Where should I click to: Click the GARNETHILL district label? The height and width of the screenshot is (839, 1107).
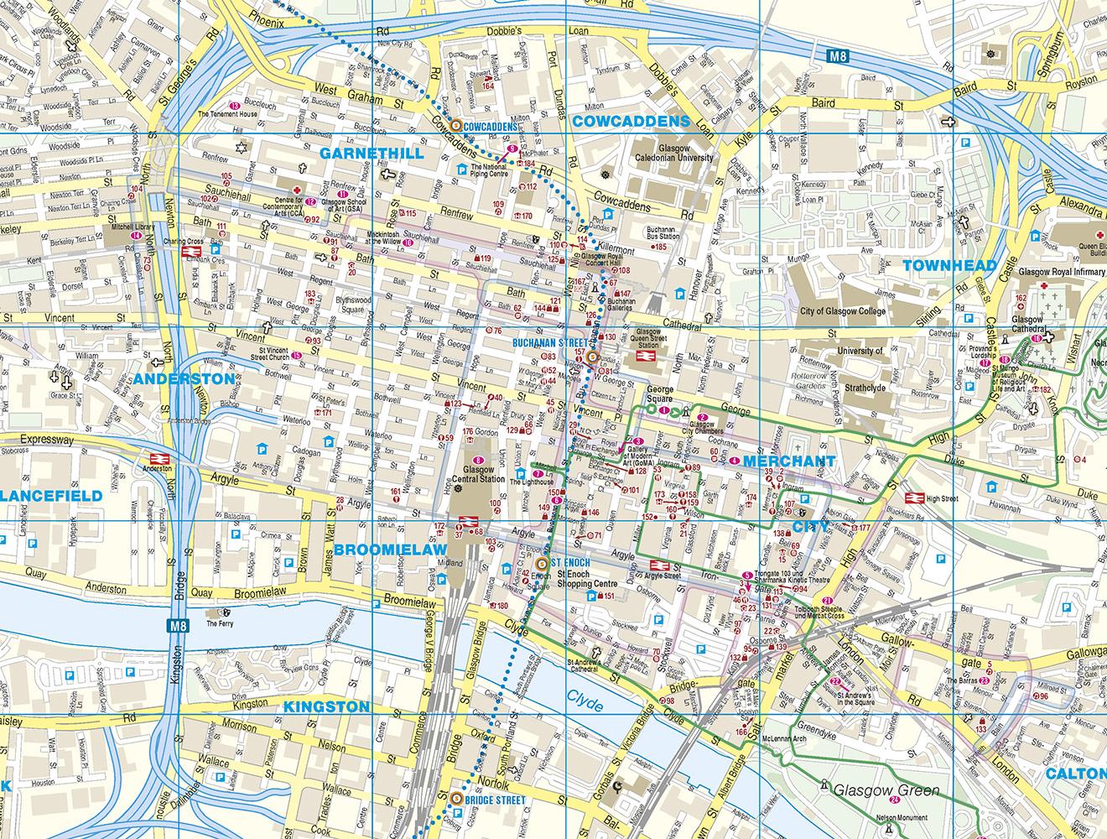(372, 154)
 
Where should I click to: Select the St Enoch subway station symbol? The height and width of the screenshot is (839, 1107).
(543, 562)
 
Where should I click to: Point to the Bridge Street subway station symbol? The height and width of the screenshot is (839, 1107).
(456, 800)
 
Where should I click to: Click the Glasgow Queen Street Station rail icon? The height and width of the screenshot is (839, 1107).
(645, 357)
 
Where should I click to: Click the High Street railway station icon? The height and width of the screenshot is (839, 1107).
(913, 498)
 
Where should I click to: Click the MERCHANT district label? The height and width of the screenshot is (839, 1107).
(789, 462)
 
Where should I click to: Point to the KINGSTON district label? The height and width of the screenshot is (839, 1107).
(326, 707)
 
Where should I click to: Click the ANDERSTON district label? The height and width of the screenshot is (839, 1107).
(183, 379)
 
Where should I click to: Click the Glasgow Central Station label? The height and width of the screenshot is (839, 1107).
(478, 475)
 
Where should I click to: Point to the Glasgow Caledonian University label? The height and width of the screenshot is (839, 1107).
(673, 152)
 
